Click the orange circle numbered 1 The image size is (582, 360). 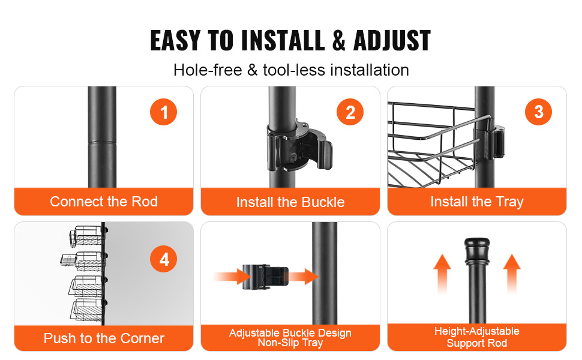tap(163, 112)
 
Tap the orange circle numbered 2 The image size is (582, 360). tap(350, 112)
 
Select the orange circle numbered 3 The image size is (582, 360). tap(538, 112)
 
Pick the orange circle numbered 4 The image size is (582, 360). tap(163, 259)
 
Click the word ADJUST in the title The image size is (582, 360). tap(392, 40)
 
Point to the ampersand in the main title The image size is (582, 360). tap(338, 40)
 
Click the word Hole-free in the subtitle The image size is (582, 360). tap(208, 70)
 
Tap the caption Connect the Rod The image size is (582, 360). tap(104, 202)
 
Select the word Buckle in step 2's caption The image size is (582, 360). tap(323, 202)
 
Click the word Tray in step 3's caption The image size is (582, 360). tap(509, 202)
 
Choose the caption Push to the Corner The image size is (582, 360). tap(104, 338)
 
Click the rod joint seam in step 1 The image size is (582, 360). tap(102, 142)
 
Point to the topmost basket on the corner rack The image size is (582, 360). tap(86, 236)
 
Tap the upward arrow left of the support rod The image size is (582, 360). tap(442, 273)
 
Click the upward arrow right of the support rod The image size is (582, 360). tap(512, 273)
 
